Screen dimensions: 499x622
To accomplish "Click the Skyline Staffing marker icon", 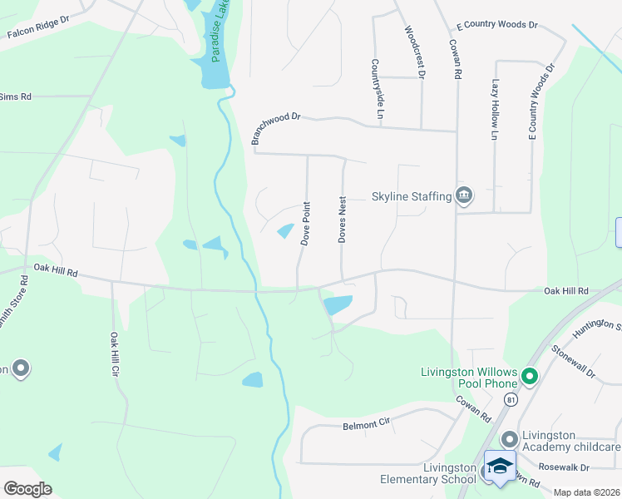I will point(464,196).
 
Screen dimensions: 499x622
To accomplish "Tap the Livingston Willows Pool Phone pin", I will point(529,378).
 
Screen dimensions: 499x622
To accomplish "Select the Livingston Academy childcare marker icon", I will point(510,438).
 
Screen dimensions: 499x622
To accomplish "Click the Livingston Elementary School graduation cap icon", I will point(499,467).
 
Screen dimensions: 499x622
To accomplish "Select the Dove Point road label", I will point(306,223).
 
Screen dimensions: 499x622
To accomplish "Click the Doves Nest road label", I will point(342,220).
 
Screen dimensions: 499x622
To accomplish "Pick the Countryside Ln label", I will point(377,87).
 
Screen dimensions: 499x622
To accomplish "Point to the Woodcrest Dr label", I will point(414,52).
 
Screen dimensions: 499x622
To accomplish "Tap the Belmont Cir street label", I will point(367,424).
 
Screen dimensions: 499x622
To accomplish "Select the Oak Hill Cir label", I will point(114,354).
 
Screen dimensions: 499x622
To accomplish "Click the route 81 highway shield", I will point(511,400).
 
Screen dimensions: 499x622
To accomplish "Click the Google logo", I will point(27,489).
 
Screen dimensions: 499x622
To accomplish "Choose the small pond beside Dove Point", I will point(285,230).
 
